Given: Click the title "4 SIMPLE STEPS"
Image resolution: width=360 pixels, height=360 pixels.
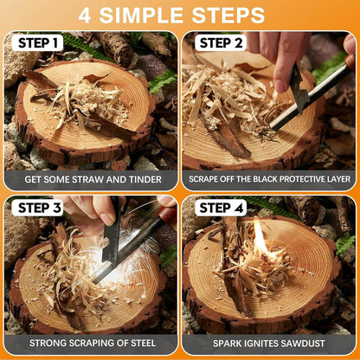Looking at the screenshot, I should (x=180, y=15).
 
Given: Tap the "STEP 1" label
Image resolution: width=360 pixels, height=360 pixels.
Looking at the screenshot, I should (x=40, y=43).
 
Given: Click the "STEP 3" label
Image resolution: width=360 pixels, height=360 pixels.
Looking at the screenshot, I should (x=40, y=208).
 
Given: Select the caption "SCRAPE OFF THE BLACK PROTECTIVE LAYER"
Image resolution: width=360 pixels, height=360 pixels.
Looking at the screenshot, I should (x=269, y=179).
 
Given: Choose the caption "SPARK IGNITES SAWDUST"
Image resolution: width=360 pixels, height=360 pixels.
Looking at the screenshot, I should (x=269, y=343).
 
